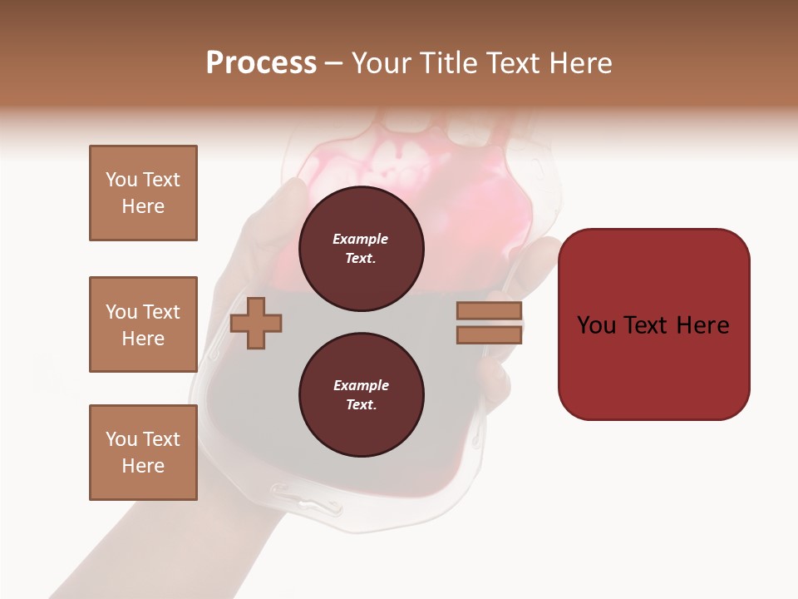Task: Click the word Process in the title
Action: (261, 63)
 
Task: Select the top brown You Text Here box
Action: (143, 193)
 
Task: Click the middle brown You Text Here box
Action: (143, 324)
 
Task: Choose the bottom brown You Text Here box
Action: (143, 453)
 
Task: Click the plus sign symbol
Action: (256, 323)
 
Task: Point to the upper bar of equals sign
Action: (490, 311)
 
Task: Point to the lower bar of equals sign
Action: (490, 335)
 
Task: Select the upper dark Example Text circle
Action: (361, 249)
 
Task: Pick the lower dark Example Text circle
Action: (361, 395)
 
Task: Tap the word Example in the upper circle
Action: (361, 239)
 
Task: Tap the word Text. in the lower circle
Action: (361, 405)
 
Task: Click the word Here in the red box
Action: (702, 325)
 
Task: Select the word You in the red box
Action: (597, 325)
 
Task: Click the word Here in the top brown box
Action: (143, 206)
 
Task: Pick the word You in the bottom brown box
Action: (121, 439)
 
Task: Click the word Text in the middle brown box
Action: (161, 312)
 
